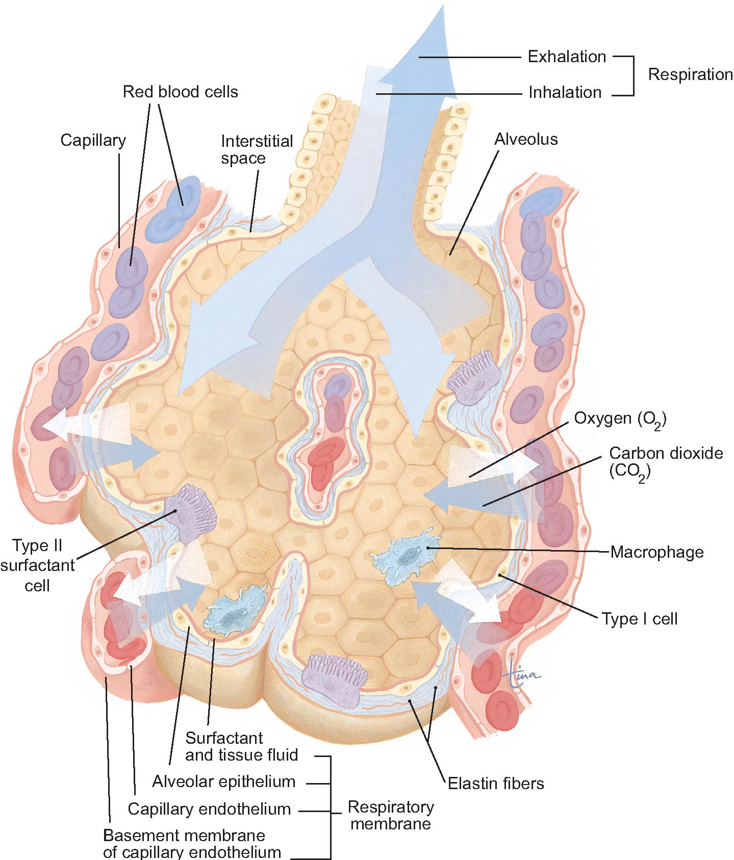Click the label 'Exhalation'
click(x=567, y=57)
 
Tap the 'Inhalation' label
click(x=565, y=92)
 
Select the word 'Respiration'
click(x=690, y=74)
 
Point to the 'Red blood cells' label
click(x=181, y=92)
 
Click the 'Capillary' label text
click(x=93, y=141)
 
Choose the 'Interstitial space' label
click(x=257, y=149)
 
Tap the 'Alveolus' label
click(x=526, y=139)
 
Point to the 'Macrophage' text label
click(x=657, y=552)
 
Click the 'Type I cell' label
click(x=640, y=619)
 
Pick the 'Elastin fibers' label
click(x=496, y=783)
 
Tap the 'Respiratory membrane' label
click(x=391, y=815)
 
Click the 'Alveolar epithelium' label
click(x=224, y=781)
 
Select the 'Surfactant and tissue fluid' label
click(x=241, y=746)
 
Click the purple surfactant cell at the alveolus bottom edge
click(x=335, y=680)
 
